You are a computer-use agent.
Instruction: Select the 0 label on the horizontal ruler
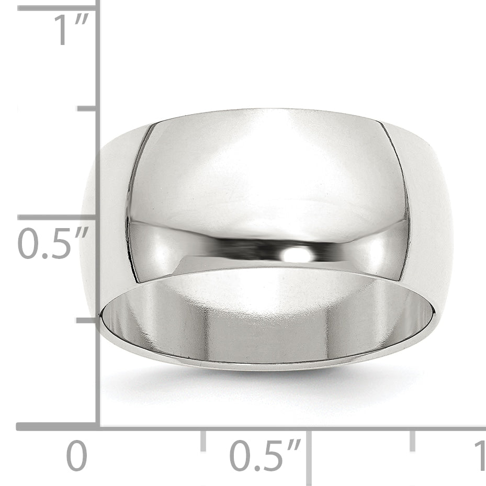[x=76, y=456]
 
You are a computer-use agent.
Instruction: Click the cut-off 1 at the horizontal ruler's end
[x=480, y=456]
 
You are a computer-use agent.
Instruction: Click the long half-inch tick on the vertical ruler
[x=58, y=217]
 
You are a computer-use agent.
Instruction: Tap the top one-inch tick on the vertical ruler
[x=58, y=8]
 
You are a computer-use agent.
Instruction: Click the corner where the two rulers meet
[x=98, y=427]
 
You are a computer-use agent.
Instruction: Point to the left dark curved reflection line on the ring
[x=134, y=204]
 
